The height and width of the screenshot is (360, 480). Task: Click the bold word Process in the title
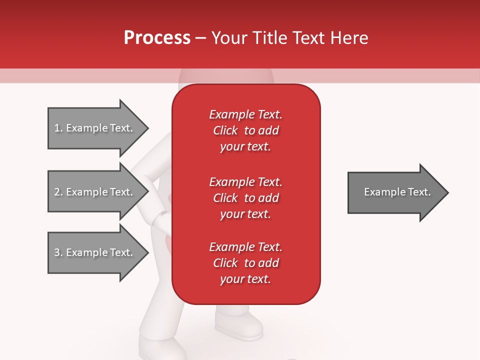click(x=157, y=38)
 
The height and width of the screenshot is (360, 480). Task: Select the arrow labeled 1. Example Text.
click(x=95, y=128)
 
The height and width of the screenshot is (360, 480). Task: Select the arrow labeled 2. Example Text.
click(x=95, y=192)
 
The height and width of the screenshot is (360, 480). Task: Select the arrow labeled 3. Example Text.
click(x=95, y=252)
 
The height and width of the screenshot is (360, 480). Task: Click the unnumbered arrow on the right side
click(x=395, y=192)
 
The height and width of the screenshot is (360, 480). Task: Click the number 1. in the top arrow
click(x=58, y=128)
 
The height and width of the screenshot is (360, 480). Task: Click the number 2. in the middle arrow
click(x=58, y=192)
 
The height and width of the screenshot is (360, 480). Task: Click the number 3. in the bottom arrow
click(x=58, y=252)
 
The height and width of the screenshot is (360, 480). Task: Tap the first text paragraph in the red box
click(x=245, y=130)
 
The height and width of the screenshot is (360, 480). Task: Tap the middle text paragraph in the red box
click(x=245, y=198)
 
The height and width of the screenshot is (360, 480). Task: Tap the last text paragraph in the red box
click(x=245, y=263)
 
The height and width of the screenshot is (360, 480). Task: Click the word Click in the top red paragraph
click(x=225, y=130)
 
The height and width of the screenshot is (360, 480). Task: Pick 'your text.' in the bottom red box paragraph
click(x=245, y=279)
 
